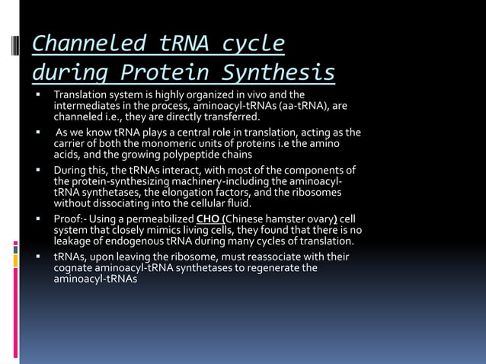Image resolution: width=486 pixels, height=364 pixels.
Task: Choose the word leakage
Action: point(72,241)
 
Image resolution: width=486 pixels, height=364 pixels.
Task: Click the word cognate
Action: point(73,268)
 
